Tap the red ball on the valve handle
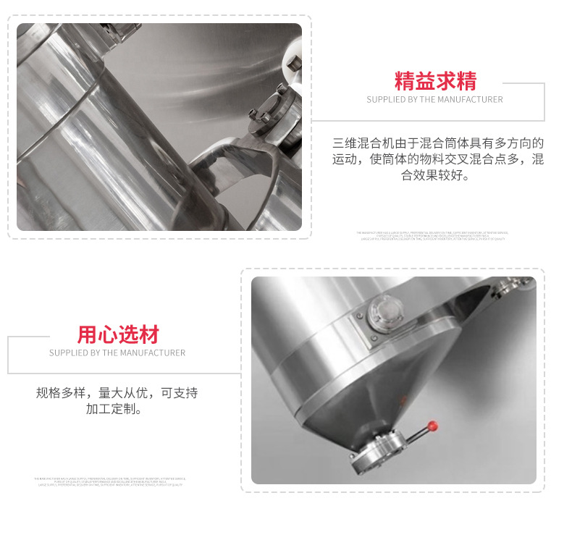(x=432, y=424)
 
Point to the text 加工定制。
(x=117, y=409)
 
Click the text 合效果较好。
(x=435, y=175)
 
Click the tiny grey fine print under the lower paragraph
(x=110, y=481)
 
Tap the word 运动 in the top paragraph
(x=343, y=159)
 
